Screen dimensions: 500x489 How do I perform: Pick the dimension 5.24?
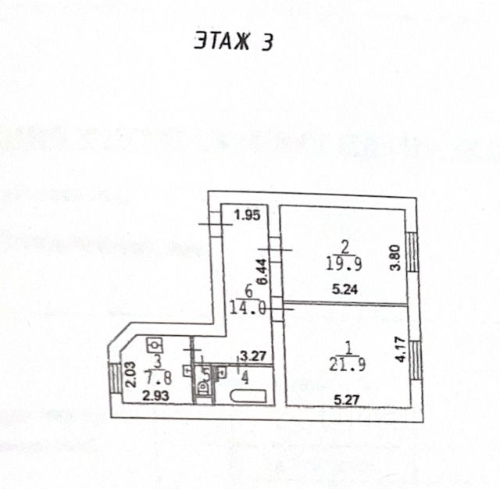coord(344,291)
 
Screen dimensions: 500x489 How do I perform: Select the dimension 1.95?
coord(246,215)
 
